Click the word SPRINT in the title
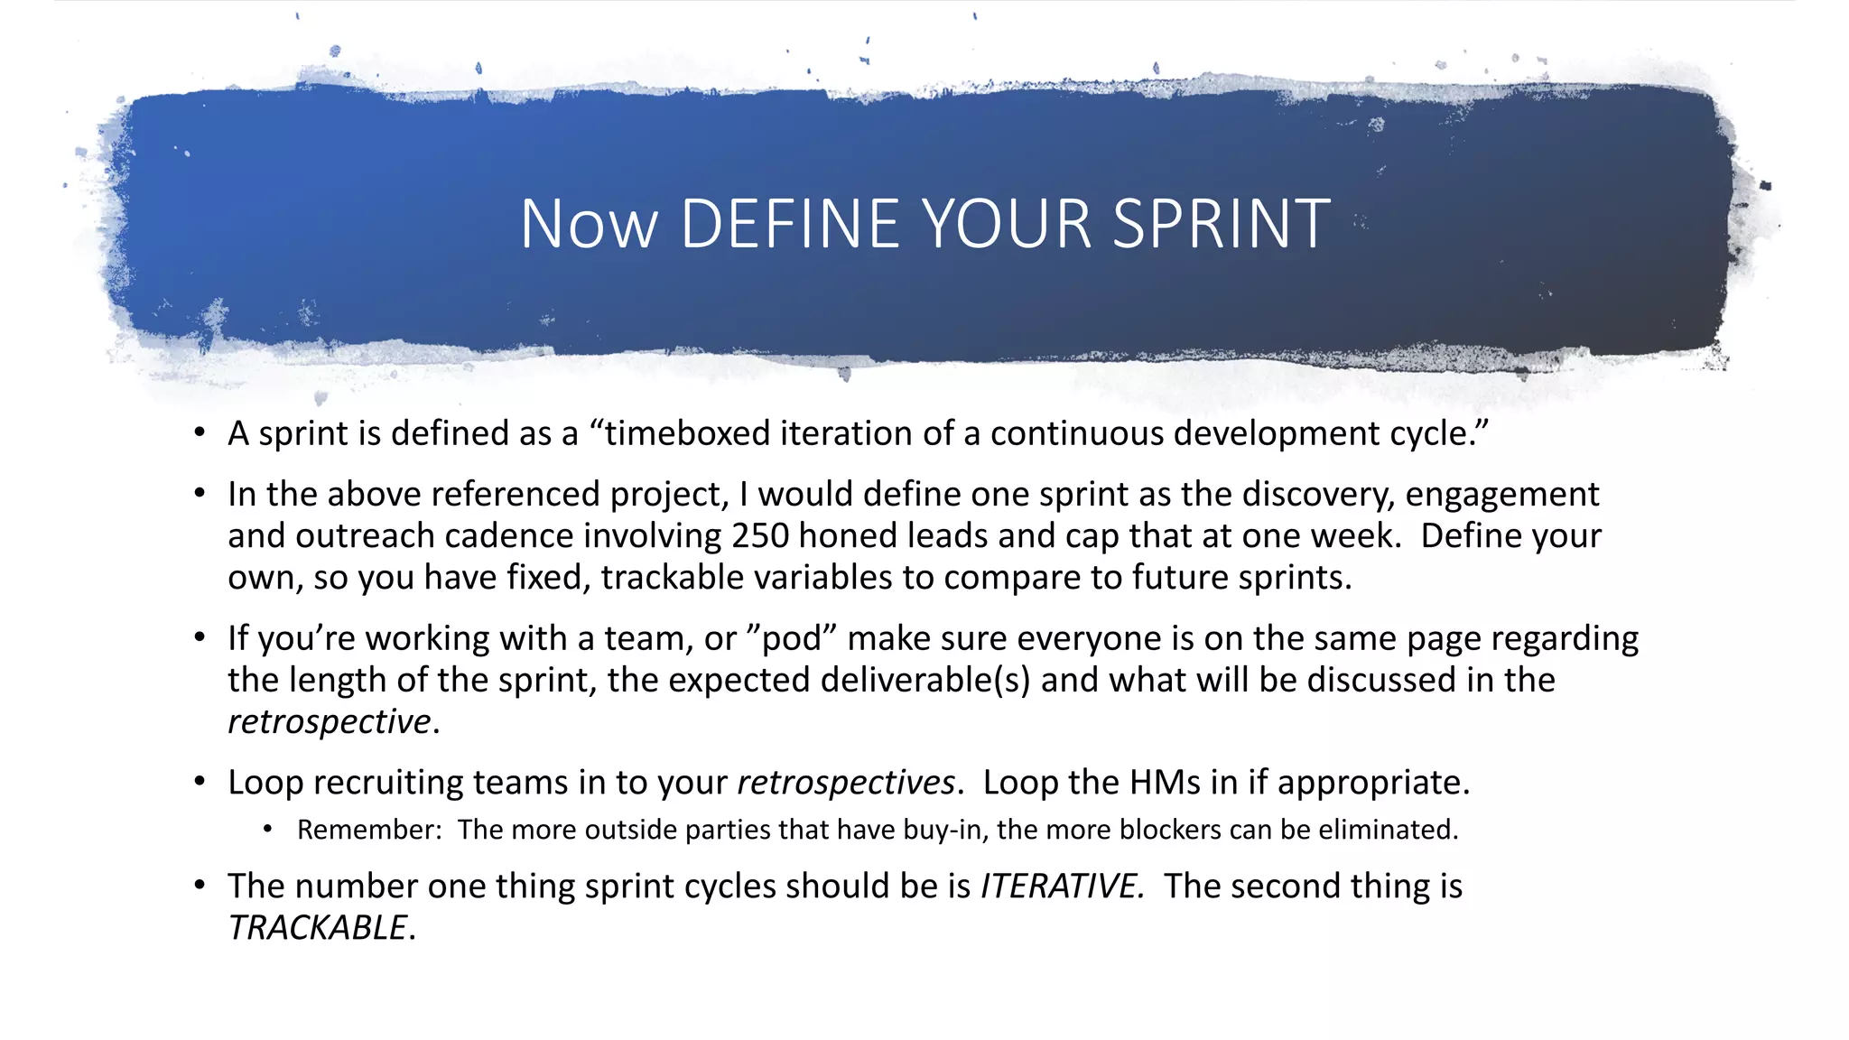[x=1221, y=224]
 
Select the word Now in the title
[x=589, y=224]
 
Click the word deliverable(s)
[x=924, y=680]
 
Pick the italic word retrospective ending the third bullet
[x=330, y=721]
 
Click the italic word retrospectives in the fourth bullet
[x=846, y=782]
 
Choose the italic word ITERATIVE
[x=1062, y=886]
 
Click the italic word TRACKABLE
[x=318, y=927]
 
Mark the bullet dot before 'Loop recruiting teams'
[x=200, y=782]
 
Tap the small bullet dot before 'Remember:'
[x=268, y=830]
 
